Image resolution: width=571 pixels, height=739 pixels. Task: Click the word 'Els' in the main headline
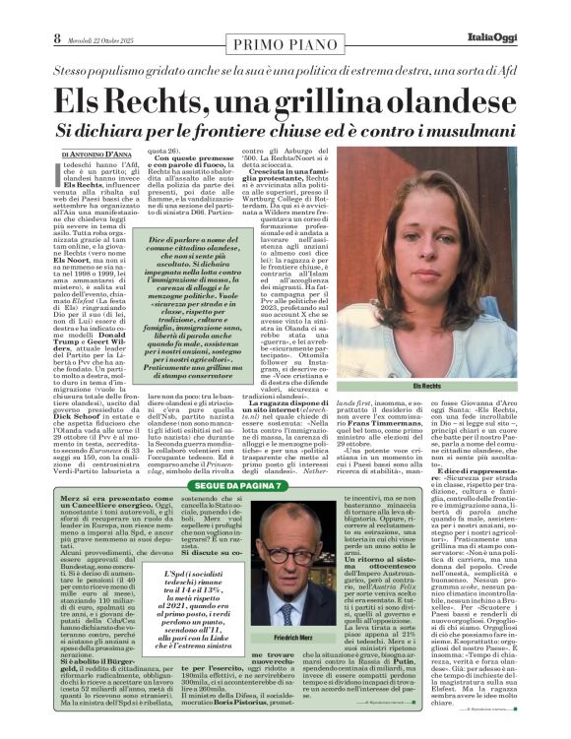pos(79,99)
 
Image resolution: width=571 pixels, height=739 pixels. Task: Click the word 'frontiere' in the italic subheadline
pos(251,131)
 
